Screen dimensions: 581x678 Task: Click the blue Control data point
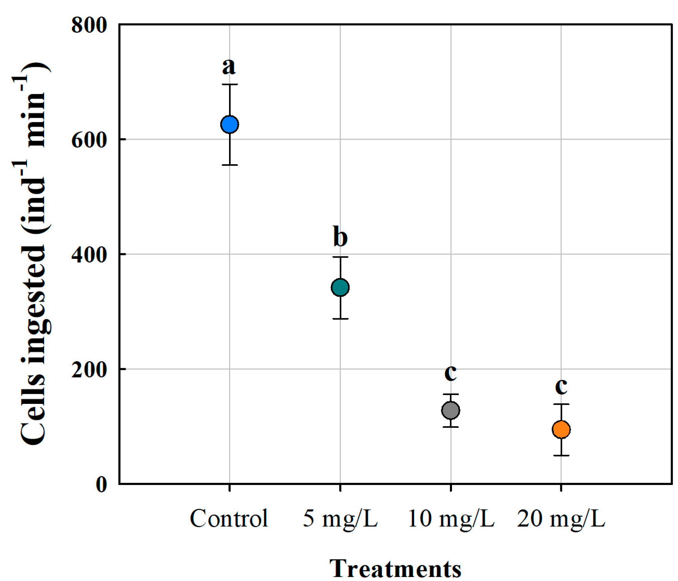[230, 125]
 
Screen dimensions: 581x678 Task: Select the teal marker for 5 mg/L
[340, 287]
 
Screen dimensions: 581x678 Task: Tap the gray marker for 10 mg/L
[450, 410]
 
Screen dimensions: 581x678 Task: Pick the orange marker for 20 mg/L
[561, 429]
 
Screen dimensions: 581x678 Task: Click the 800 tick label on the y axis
[89, 24]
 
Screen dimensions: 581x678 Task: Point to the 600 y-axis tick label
[89, 140]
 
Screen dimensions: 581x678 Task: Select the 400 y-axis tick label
[89, 255]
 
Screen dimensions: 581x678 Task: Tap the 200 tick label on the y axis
[89, 370]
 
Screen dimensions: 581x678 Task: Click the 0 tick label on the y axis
[101, 484]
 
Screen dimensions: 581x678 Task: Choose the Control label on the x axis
[229, 519]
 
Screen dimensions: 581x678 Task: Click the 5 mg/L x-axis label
[340, 519]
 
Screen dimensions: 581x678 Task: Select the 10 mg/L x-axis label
[451, 519]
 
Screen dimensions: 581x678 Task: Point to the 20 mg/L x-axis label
[561, 519]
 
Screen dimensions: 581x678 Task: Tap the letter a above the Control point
[229, 67]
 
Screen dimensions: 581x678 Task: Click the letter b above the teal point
[340, 236]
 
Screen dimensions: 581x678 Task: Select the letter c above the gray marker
[450, 373]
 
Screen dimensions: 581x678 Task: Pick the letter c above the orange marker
[561, 387]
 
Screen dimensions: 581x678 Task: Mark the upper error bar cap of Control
[230, 84]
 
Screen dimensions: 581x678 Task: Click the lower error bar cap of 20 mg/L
[561, 456]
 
